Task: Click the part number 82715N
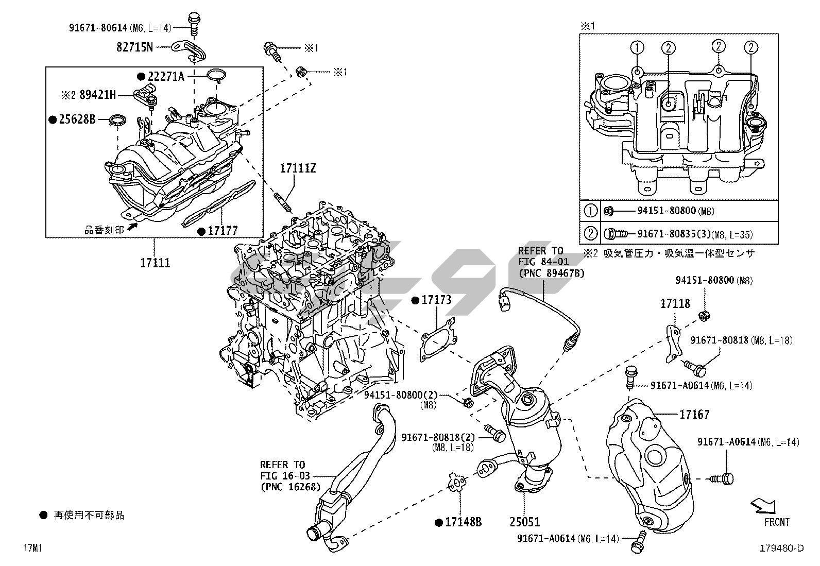pyautogui.click(x=134, y=47)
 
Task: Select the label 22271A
pyautogui.click(x=166, y=77)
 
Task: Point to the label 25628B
pyautogui.click(x=77, y=119)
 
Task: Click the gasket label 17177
pyautogui.click(x=223, y=231)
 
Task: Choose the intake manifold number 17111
pyautogui.click(x=155, y=263)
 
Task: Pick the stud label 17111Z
pyautogui.click(x=298, y=168)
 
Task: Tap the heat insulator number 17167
pyautogui.click(x=694, y=414)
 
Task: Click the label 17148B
pyautogui.click(x=463, y=522)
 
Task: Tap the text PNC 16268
pyautogui.click(x=291, y=486)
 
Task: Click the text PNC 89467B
pyautogui.click(x=551, y=273)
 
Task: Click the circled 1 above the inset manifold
pyautogui.click(x=638, y=48)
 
